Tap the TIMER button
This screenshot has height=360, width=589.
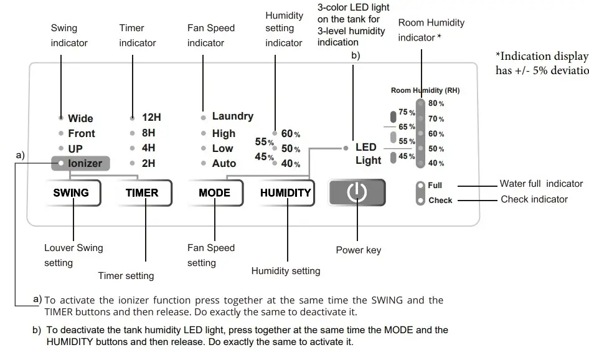(142, 192)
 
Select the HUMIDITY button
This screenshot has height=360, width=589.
(285, 192)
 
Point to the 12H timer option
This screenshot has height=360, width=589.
(151, 117)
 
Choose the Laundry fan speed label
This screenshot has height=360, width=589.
(232, 116)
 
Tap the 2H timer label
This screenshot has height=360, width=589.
(149, 163)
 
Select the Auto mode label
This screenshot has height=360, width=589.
(224, 163)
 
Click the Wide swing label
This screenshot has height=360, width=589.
(80, 118)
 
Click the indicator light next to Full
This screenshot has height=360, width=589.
(421, 186)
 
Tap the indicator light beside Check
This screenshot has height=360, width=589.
(421, 201)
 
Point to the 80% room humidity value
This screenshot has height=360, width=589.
(436, 103)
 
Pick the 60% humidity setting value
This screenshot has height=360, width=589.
(290, 134)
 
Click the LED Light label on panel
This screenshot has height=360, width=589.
(368, 154)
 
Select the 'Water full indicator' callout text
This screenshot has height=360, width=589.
(541, 184)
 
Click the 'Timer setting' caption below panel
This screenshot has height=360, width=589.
(126, 275)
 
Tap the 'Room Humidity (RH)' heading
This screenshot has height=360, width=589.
(425, 90)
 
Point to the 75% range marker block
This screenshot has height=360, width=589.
(393, 116)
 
